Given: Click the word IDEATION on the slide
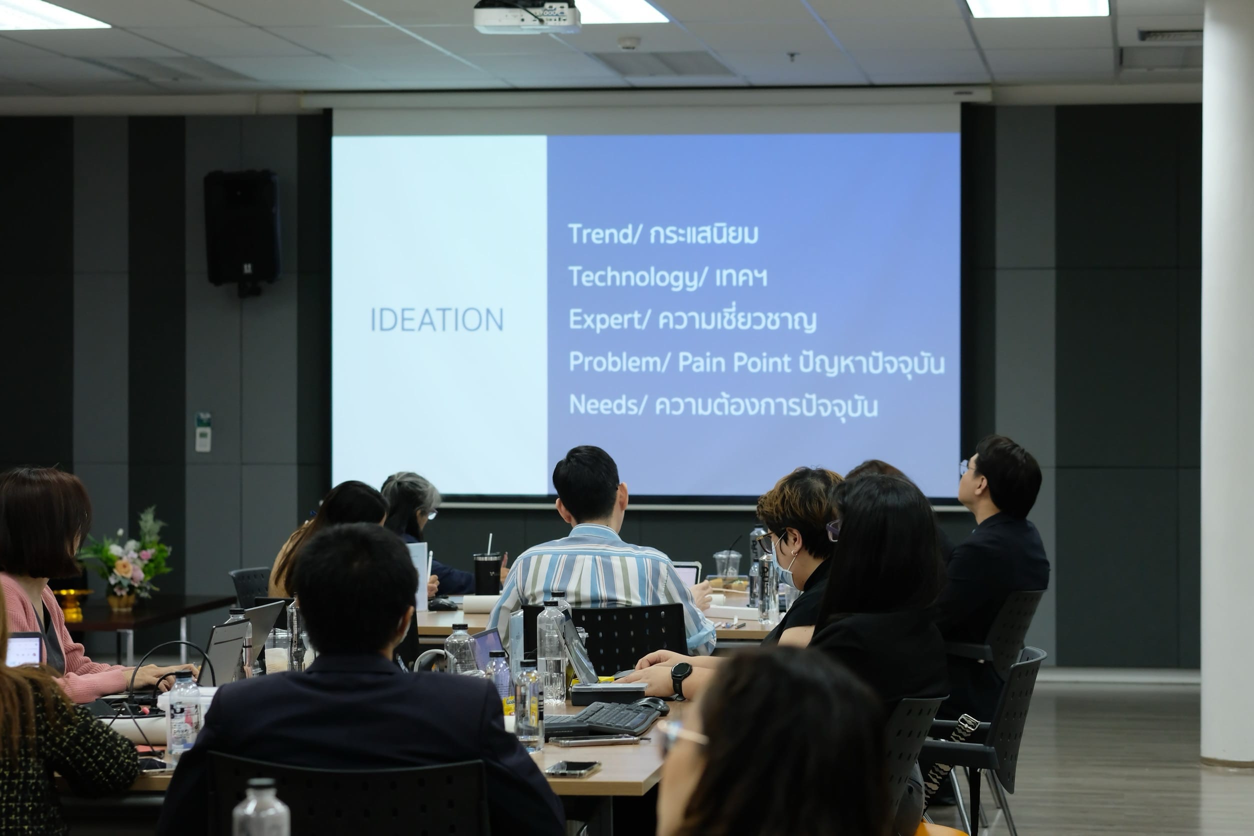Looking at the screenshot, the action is tap(436, 319).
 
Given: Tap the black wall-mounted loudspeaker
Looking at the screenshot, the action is tap(242, 230).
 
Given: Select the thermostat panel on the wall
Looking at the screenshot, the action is tap(202, 432).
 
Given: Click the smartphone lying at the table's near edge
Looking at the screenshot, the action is tap(572, 768).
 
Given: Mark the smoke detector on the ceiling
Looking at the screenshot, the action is tap(629, 42).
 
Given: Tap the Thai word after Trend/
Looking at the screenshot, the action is tap(704, 234).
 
